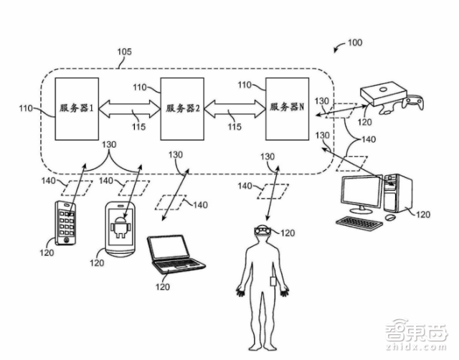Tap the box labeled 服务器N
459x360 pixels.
coord(287,108)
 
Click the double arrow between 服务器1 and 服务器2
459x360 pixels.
coord(130,108)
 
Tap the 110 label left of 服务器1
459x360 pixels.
coord(27,109)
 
